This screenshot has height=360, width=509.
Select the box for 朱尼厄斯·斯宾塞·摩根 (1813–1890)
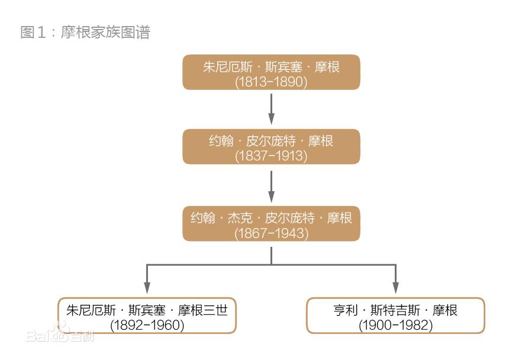271,72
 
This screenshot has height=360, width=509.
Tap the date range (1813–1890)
271,82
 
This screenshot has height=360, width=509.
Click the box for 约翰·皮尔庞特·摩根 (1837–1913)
271,146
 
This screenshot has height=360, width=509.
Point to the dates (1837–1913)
271,156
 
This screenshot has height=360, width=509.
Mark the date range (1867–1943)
271,233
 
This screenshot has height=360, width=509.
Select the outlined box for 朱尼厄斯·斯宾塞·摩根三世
147,316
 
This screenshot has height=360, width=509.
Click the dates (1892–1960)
147,325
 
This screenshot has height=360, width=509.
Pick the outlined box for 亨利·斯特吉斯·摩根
395,316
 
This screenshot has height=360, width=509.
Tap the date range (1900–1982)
395,325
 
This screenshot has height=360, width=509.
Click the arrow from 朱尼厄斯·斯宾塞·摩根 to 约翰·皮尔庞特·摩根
271,108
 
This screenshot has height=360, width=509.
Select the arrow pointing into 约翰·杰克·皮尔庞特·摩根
271,186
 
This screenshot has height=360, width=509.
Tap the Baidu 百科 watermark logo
59,334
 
